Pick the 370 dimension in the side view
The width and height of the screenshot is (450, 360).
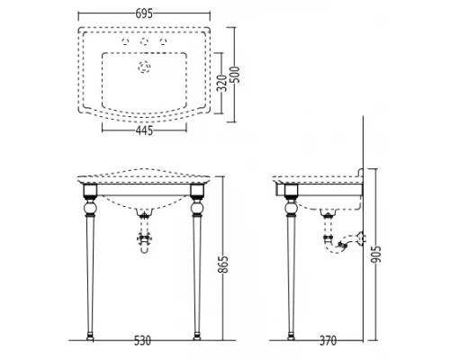pyautogui.click(x=331, y=343)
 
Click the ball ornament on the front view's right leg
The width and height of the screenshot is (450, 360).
pyautogui.click(x=197, y=214)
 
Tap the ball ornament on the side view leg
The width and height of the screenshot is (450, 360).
pyautogui.click(x=290, y=214)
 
